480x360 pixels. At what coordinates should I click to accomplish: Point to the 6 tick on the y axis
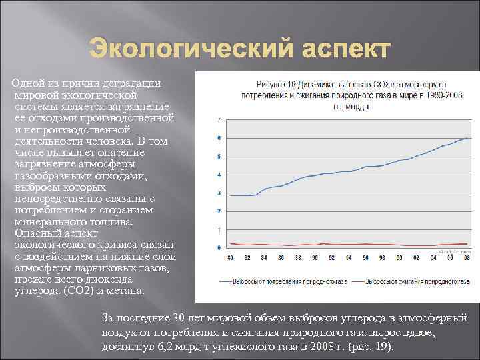click(219, 138)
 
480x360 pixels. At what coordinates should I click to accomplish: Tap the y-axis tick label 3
click(219, 193)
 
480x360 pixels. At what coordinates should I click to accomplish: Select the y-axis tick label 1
click(219, 230)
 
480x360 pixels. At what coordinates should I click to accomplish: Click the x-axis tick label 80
click(230, 257)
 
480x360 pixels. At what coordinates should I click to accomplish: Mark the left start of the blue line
click(230, 195)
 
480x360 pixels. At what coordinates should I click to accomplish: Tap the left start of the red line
click(230, 244)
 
